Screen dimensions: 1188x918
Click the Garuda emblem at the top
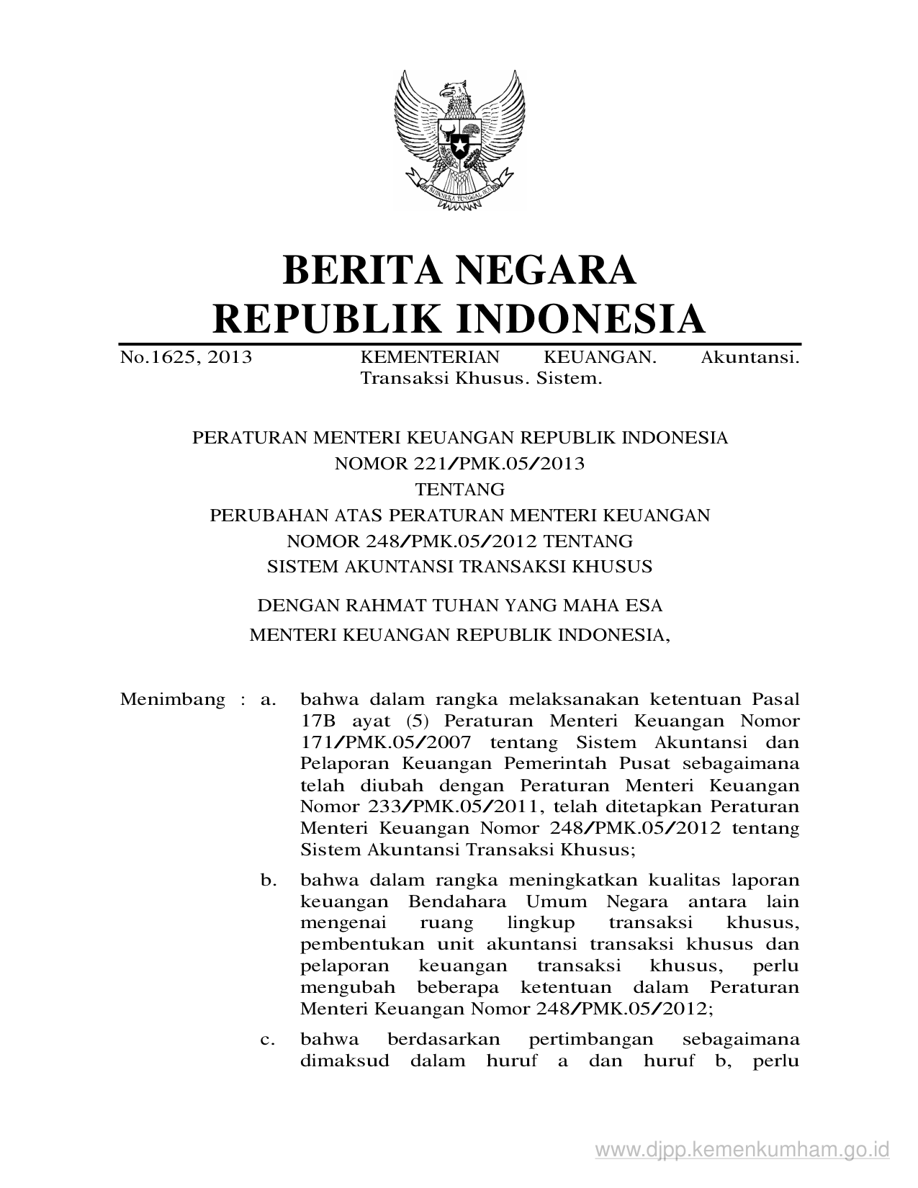point(459,140)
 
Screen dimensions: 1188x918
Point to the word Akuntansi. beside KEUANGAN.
point(750,357)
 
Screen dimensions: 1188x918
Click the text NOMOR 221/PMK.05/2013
point(459,464)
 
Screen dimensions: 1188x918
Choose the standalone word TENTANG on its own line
point(459,490)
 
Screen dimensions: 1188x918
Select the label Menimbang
point(172,699)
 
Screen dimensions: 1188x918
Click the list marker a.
point(268,699)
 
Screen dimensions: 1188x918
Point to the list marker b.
point(268,880)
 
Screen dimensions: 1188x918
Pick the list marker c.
point(268,1039)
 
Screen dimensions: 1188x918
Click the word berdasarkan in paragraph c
point(443,1039)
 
